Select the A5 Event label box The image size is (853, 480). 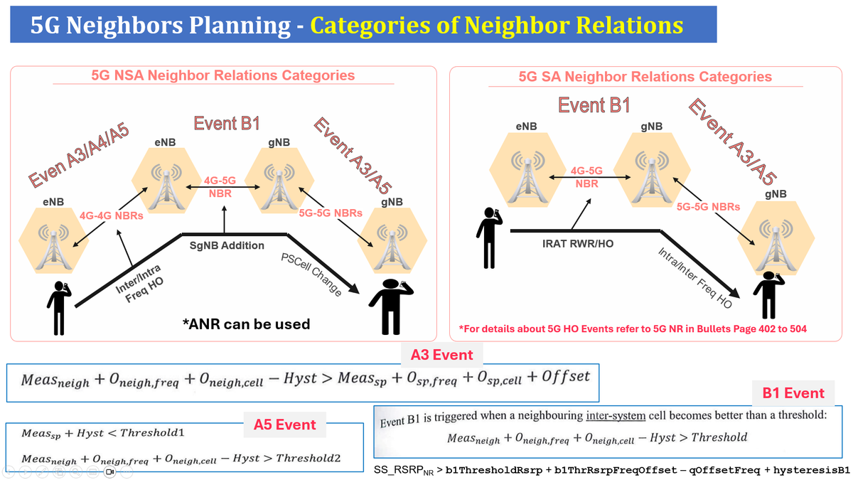tap(284, 425)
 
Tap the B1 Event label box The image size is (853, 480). tap(793, 393)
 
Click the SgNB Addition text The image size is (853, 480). tap(227, 245)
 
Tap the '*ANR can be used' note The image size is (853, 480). tap(247, 324)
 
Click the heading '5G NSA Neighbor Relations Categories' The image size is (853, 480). tap(222, 75)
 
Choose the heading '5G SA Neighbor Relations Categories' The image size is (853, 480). tap(645, 77)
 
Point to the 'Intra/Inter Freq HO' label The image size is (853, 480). tap(694, 277)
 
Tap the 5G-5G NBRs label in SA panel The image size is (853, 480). tap(708, 207)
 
